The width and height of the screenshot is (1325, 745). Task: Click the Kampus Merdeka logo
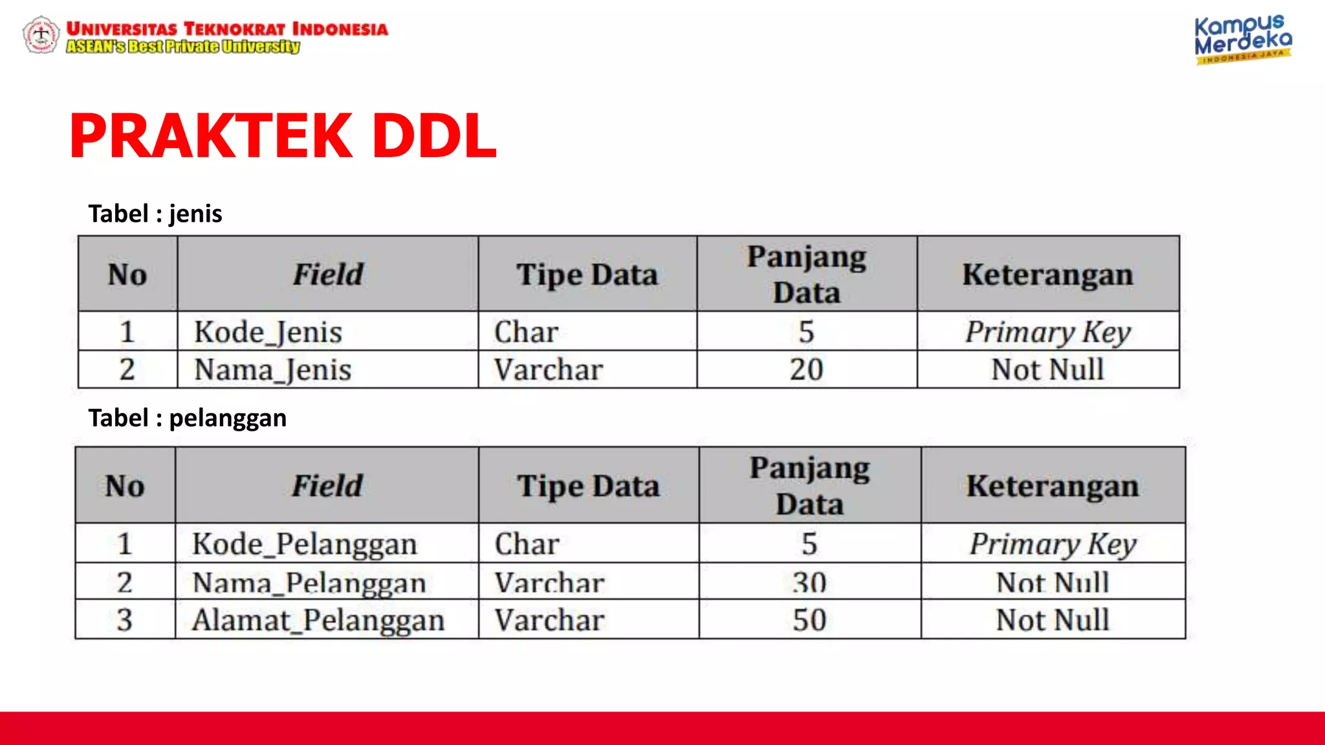pos(1242,39)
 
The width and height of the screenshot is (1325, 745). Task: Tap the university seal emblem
pos(41,34)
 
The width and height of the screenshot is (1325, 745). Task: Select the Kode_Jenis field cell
pos(268,332)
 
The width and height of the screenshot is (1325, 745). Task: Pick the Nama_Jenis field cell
pos(272,370)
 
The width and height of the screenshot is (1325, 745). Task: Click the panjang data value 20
pos(806,370)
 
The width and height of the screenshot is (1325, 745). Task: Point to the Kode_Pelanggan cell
pos(304,543)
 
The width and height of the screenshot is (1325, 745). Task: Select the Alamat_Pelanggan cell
pos(318,620)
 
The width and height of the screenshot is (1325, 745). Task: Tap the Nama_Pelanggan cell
pos(309,582)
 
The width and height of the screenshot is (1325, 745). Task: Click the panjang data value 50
pos(809,620)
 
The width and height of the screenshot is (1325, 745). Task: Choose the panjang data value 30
pos(809,582)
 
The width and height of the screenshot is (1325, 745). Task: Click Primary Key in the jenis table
pos(1048,332)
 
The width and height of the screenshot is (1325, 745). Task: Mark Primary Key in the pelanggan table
pos(1053,543)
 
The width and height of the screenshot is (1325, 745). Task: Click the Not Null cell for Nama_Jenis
pos(1048,370)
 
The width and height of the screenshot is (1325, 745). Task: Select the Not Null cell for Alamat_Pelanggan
pos(1053,620)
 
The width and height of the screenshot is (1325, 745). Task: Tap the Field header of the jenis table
pos(328,274)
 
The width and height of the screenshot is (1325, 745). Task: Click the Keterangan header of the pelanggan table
pos(1053,486)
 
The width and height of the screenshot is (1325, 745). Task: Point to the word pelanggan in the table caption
pos(228,418)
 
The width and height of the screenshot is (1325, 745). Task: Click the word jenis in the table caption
pos(195,214)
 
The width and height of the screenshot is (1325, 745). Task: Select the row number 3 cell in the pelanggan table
pos(125,620)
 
